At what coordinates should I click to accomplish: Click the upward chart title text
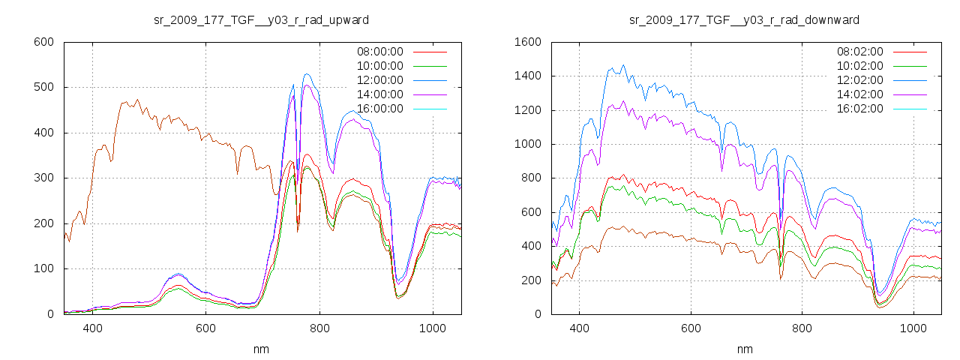click(261, 19)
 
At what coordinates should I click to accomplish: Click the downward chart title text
click(744, 19)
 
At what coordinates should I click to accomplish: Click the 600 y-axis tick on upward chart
click(43, 42)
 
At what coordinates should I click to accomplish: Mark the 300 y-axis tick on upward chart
click(43, 178)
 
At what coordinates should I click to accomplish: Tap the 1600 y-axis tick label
click(526, 42)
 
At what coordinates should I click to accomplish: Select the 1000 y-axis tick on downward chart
click(526, 144)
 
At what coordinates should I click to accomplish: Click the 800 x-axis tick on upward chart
click(319, 328)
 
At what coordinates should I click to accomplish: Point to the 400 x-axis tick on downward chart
click(579, 328)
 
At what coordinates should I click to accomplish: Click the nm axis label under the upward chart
click(261, 349)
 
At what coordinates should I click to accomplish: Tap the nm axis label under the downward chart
click(744, 349)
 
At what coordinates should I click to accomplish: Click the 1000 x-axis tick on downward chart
click(913, 328)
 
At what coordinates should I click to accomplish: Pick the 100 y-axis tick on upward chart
click(43, 268)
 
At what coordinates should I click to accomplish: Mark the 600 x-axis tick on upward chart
click(206, 328)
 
